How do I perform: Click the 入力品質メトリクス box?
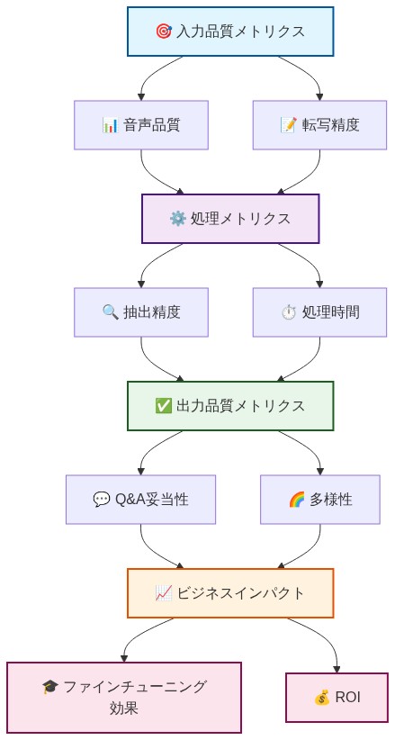[230, 32]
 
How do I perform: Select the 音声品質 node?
[141, 125]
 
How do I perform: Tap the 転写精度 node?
[319, 125]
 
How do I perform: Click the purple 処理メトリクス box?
[230, 219]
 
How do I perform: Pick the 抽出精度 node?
[141, 312]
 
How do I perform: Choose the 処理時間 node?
[319, 312]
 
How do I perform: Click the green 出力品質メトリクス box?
[230, 406]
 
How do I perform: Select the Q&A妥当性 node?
[141, 500]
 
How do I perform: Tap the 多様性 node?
[319, 500]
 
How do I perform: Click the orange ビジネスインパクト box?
[230, 593]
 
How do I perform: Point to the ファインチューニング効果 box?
[124, 698]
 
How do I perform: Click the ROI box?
[337, 698]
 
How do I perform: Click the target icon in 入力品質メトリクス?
[163, 32]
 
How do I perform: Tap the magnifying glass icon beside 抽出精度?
[111, 312]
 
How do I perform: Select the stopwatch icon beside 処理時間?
[289, 312]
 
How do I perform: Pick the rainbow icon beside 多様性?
[296, 500]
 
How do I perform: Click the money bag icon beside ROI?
[322, 698]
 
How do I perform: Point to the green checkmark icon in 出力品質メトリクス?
[163, 406]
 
